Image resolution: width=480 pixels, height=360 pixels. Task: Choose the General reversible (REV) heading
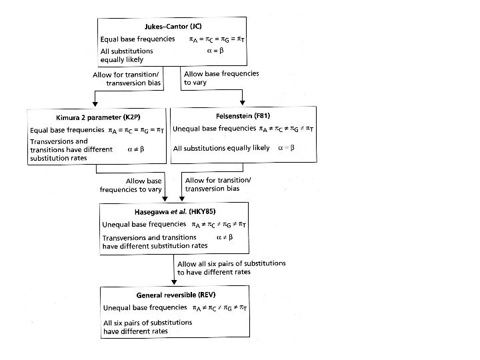click(x=175, y=295)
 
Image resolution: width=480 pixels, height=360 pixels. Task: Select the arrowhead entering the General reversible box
click(x=175, y=283)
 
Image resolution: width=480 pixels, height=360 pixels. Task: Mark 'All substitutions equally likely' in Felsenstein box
click(x=219, y=148)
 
